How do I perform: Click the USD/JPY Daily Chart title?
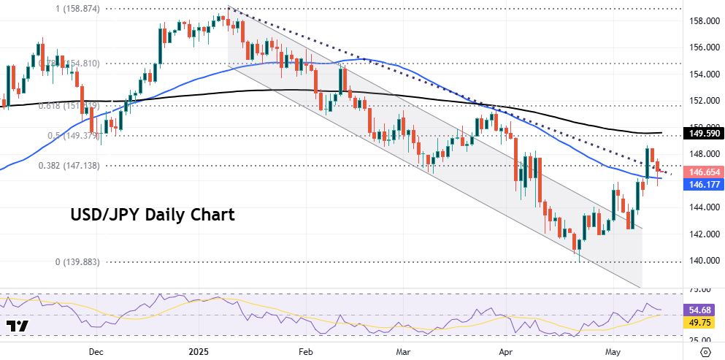coord(153,215)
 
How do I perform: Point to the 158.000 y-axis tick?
coord(702,21)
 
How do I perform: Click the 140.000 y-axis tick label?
coord(702,261)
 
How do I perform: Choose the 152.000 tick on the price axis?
coord(702,101)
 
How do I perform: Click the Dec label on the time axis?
coord(96,351)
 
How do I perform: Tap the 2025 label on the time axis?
coord(198,351)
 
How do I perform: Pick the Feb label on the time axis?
coord(305,351)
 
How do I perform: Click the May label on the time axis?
coord(613,351)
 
